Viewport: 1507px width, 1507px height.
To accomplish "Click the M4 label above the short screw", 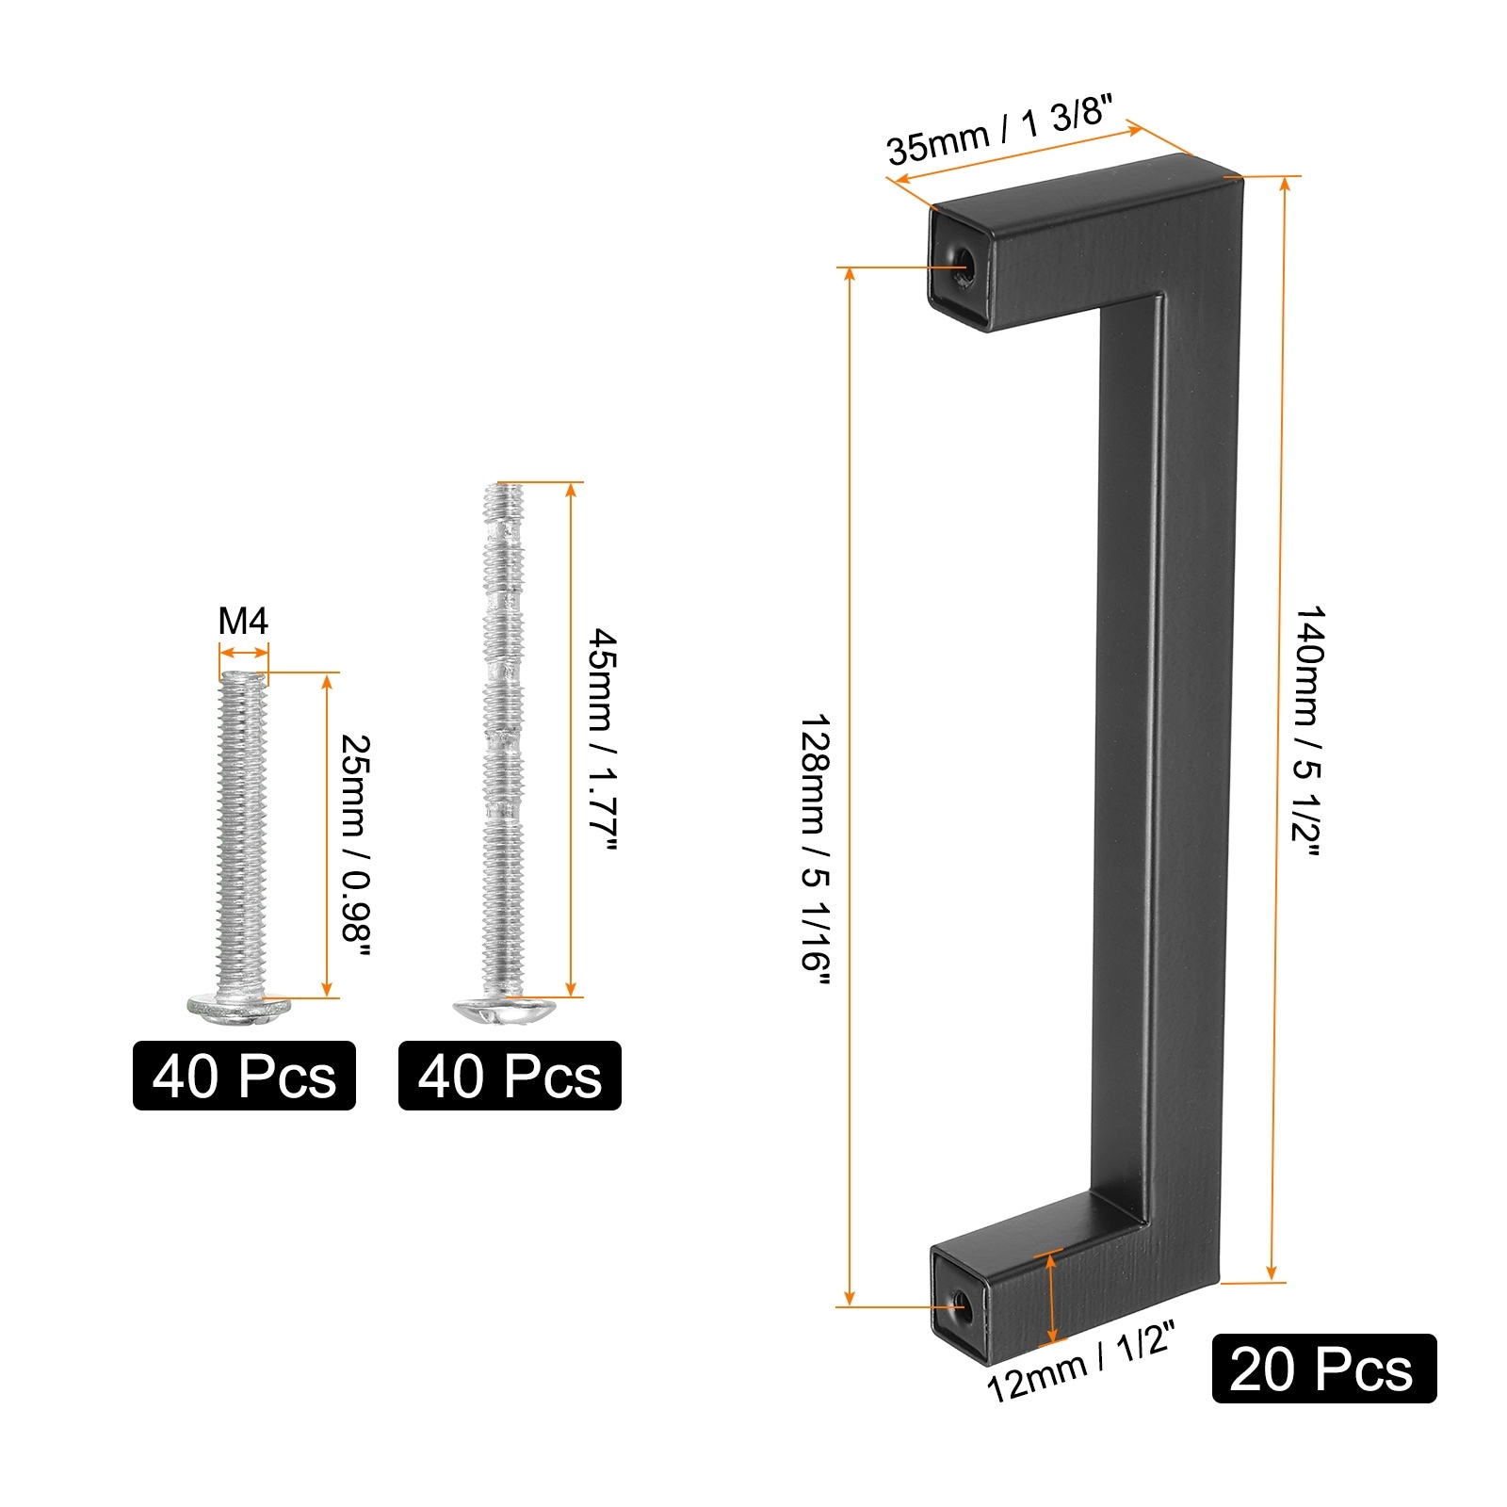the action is click(243, 622).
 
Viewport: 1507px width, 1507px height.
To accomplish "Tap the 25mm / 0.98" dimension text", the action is click(355, 844).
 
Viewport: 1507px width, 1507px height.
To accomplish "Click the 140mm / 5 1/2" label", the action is click(1307, 731).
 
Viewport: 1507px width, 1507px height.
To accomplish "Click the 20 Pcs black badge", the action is click(1323, 1369).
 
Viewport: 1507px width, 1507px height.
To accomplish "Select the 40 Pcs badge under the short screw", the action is click(244, 1076).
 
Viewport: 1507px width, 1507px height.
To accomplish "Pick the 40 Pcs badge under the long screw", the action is click(510, 1076).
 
